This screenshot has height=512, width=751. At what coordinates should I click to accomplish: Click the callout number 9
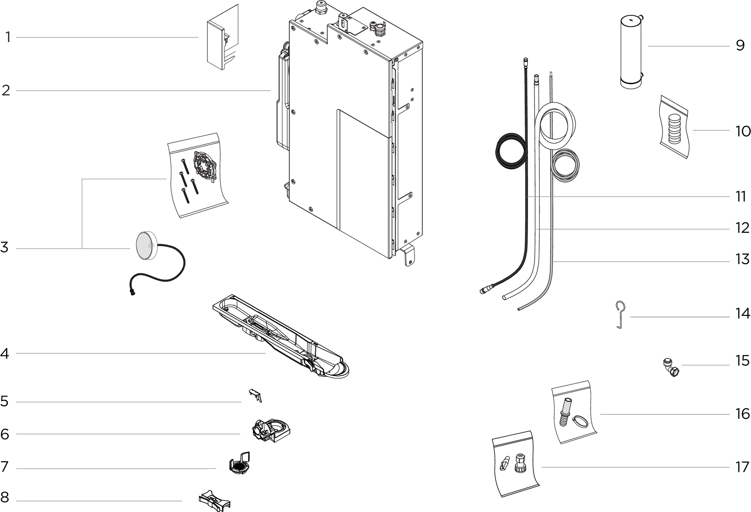click(740, 45)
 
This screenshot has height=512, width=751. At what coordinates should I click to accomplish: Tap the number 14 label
click(742, 313)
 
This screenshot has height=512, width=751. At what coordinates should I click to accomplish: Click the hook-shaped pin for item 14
click(621, 315)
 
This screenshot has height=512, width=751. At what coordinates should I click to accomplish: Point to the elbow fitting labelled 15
click(671, 367)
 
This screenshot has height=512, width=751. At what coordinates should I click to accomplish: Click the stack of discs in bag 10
click(674, 129)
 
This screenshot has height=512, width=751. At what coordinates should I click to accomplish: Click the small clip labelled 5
click(255, 395)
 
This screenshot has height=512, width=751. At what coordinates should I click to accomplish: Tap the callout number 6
click(5, 434)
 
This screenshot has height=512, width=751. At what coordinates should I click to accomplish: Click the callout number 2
click(6, 91)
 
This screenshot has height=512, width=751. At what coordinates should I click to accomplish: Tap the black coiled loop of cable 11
click(511, 150)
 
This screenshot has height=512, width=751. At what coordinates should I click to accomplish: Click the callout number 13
click(742, 259)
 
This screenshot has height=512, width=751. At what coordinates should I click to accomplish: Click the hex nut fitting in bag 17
click(520, 463)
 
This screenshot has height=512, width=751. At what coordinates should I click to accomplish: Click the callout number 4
click(5, 353)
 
